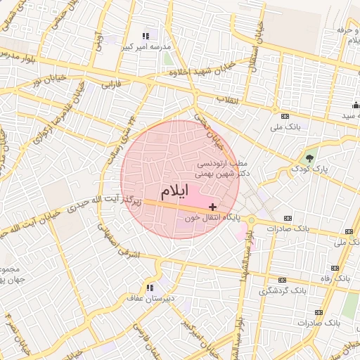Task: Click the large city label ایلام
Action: tap(174, 191)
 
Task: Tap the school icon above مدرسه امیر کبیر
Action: tap(146, 36)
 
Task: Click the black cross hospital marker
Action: tap(213, 207)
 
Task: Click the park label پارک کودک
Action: tap(309, 169)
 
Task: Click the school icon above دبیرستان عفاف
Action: tap(149, 287)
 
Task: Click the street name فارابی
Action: tap(112, 86)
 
